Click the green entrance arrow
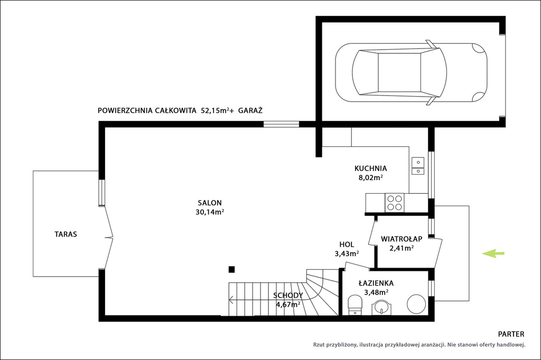tap(493, 253)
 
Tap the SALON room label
tap(210, 203)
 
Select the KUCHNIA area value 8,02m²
tap(370, 177)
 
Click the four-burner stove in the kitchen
tap(394, 203)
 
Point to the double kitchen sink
tap(418, 166)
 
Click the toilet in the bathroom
tap(355, 305)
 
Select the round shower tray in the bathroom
tap(416, 304)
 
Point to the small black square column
tap(231, 269)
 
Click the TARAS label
tap(66, 234)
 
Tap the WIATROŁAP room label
tap(402, 239)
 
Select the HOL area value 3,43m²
tap(347, 254)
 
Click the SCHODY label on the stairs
tap(288, 295)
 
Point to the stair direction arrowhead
tap(231, 300)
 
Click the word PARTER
tap(511, 334)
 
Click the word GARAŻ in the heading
tap(250, 110)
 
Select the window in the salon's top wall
tap(281, 124)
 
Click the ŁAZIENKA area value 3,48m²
tap(376, 292)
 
